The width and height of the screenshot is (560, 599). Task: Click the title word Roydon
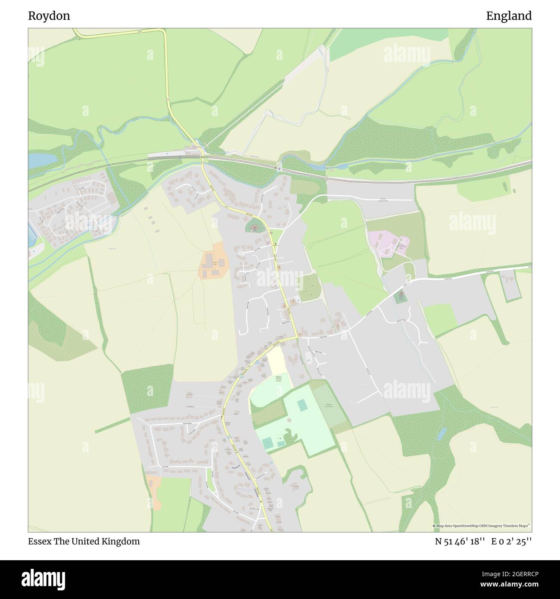click(49, 16)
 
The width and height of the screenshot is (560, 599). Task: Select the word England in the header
click(509, 16)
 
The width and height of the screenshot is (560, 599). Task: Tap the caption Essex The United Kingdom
click(84, 541)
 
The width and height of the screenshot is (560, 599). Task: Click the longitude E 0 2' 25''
click(512, 541)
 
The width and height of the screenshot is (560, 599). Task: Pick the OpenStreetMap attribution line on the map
click(482, 526)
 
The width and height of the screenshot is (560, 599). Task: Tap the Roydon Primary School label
click(278, 379)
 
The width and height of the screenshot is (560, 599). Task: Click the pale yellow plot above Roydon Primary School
click(276, 360)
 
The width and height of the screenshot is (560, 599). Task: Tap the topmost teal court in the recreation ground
click(303, 405)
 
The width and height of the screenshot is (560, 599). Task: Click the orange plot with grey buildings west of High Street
click(212, 261)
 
